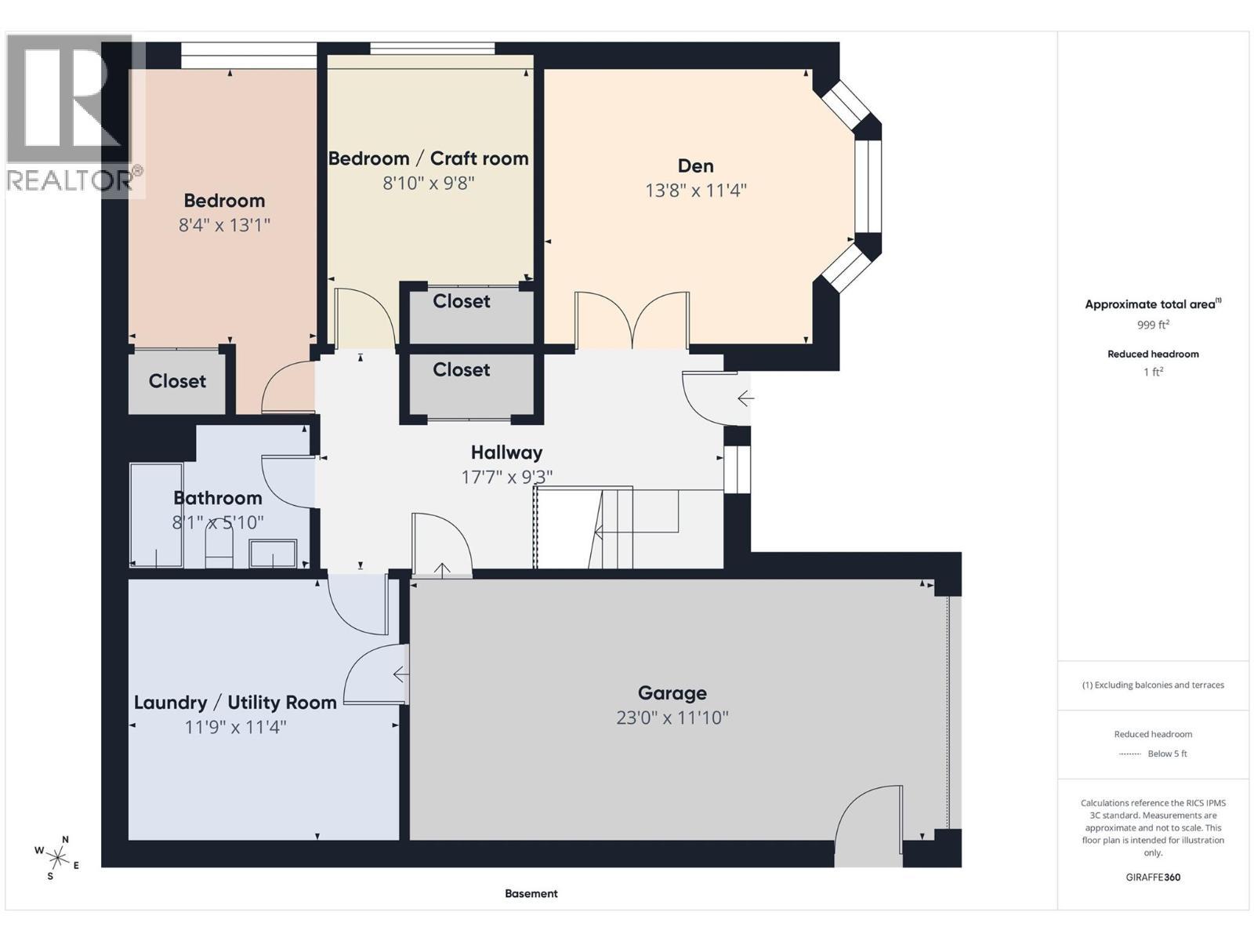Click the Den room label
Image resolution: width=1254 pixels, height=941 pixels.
point(695,165)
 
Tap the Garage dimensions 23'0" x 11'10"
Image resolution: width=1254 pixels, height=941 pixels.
point(672,718)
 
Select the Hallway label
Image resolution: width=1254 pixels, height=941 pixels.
point(506,452)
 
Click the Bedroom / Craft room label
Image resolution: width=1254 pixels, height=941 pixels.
point(428,158)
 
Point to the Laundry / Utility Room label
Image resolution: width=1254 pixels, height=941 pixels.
point(235,703)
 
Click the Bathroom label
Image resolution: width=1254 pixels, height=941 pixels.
point(217,498)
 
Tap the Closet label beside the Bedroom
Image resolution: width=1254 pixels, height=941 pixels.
point(177,381)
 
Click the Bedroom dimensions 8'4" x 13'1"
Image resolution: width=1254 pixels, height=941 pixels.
point(224,225)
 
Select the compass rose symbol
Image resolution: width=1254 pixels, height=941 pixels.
point(57,856)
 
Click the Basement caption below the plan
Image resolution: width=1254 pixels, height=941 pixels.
point(531,893)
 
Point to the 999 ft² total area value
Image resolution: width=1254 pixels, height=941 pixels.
point(1152,325)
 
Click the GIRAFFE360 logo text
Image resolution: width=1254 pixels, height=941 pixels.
point(1152,877)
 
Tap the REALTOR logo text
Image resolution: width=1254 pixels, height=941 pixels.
point(71,180)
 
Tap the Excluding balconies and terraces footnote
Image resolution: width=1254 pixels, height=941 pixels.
point(1152,685)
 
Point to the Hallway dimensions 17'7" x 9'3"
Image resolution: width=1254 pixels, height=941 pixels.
point(506,477)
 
